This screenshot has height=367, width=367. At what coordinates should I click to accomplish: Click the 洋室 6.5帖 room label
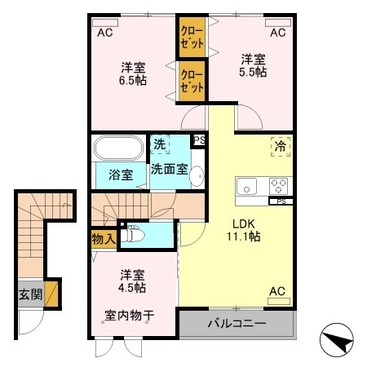(x=134, y=73)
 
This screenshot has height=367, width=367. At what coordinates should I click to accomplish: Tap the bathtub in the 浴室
(x=119, y=148)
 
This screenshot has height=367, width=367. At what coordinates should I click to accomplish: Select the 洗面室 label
(x=169, y=169)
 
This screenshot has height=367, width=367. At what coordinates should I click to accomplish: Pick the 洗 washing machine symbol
(x=160, y=144)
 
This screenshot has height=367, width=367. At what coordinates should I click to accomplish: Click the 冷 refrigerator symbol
(x=280, y=148)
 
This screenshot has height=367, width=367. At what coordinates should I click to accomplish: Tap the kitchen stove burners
(x=280, y=184)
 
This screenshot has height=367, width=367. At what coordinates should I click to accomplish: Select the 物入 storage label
(x=103, y=239)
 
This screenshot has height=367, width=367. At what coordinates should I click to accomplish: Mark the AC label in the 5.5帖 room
(x=278, y=33)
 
